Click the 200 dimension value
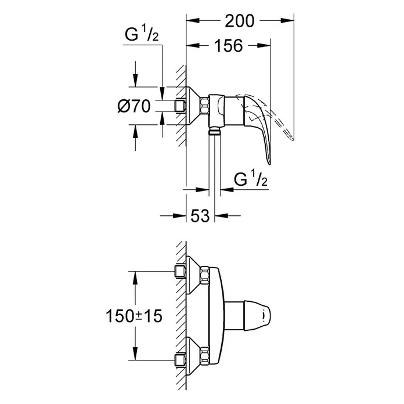tap(239, 21)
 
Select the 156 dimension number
tap(229, 46)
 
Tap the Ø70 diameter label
tap(134, 106)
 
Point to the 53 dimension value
tap(200, 216)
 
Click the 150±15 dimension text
tap(134, 316)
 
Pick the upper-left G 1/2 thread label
tap(142, 34)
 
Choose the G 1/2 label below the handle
tap(250, 178)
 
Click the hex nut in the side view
tap(205, 106)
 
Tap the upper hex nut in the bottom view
tap(205, 275)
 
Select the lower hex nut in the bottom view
tap(205, 355)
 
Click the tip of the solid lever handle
tap(269, 164)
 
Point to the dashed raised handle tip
tap(293, 139)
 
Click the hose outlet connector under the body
tap(214, 131)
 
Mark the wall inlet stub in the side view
tap(181, 106)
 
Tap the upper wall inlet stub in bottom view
tap(181, 271)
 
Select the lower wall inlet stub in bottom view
tap(181, 360)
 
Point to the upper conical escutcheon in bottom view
tap(193, 275)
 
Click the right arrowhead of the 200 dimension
tap(287, 21)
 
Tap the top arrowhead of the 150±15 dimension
tap(135, 277)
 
